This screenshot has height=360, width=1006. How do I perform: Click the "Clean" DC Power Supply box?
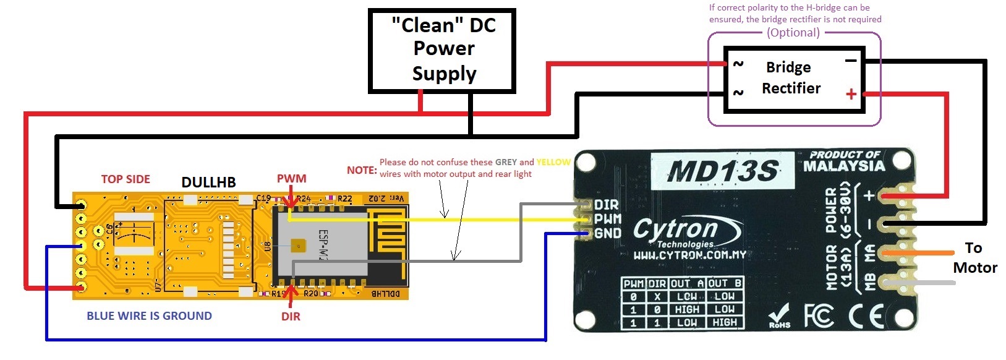(442, 51)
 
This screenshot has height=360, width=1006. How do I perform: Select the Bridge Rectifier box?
(794, 79)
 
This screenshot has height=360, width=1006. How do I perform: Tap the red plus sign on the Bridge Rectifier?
(851, 94)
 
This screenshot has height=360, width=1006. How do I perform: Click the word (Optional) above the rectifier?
(793, 33)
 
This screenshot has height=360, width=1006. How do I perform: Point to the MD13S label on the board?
(722, 171)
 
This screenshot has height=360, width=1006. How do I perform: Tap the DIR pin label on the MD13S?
(607, 205)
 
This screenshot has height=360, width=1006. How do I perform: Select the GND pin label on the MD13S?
(608, 233)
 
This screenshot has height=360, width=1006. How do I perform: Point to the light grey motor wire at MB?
(921, 283)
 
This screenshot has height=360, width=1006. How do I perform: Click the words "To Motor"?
(974, 258)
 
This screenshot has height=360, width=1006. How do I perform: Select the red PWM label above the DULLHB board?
(291, 179)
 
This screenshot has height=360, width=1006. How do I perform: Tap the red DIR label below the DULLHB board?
(291, 317)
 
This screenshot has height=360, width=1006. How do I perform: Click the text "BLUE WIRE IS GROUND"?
(149, 316)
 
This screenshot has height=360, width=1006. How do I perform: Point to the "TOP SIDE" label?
(126, 179)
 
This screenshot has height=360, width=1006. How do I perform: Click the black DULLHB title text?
(208, 182)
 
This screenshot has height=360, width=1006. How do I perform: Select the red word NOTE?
(362, 170)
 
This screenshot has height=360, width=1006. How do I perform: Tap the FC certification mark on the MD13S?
(819, 316)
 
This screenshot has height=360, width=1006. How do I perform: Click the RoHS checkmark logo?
(779, 315)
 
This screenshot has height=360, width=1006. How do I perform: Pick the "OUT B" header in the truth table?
(725, 283)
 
